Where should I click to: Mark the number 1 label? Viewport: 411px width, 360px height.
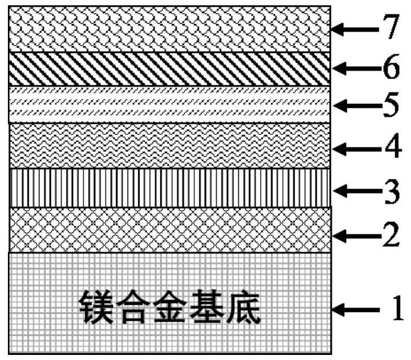(395, 308)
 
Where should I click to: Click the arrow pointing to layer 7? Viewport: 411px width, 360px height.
(353, 29)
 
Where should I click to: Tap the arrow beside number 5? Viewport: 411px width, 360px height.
(353, 106)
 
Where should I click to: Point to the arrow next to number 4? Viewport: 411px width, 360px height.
(353, 149)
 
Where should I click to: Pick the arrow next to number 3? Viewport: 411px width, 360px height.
(353, 190)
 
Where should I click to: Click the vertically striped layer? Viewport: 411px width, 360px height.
(169, 188)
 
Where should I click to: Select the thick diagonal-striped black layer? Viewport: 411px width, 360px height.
(169, 69)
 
